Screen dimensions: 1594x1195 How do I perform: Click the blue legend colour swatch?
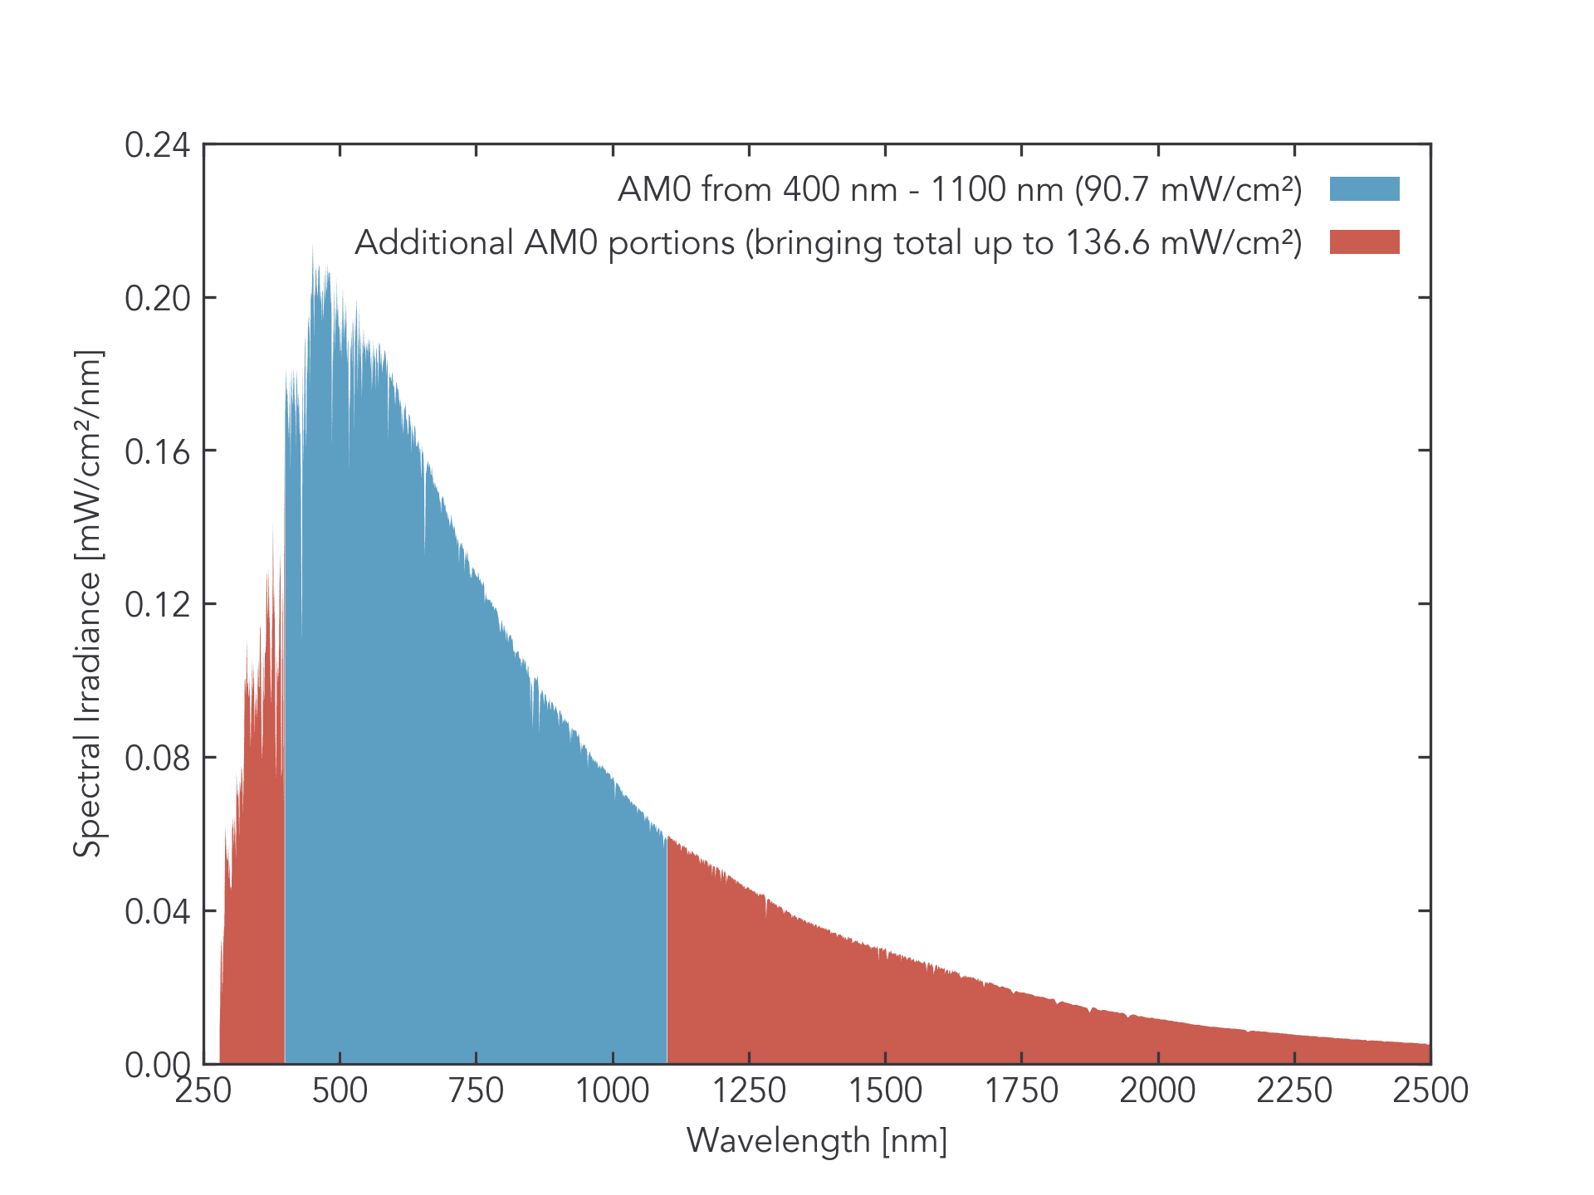point(1364,189)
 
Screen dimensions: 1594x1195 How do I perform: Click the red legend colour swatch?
point(1364,242)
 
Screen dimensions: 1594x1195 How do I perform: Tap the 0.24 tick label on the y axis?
point(158,145)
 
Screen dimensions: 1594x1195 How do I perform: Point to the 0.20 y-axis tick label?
point(158,299)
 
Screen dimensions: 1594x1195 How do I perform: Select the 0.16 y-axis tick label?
point(158,452)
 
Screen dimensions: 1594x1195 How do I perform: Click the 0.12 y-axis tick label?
point(158,605)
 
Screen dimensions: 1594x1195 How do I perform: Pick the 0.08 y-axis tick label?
point(158,758)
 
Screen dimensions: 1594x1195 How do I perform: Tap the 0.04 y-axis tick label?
point(158,912)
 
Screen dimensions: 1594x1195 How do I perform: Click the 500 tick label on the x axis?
point(340,1090)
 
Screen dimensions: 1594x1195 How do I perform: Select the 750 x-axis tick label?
point(476,1090)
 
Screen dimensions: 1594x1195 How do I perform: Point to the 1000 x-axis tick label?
point(613,1090)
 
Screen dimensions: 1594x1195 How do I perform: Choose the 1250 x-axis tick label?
point(749,1090)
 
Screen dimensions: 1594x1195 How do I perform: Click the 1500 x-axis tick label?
point(885,1090)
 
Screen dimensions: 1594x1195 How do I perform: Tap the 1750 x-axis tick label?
point(1021,1090)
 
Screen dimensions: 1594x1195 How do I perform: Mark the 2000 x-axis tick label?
point(1158,1090)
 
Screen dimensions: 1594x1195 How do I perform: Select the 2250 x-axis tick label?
point(1294,1090)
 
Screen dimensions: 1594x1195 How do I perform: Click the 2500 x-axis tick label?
point(1430,1090)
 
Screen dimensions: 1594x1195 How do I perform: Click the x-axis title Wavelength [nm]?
point(817,1141)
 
